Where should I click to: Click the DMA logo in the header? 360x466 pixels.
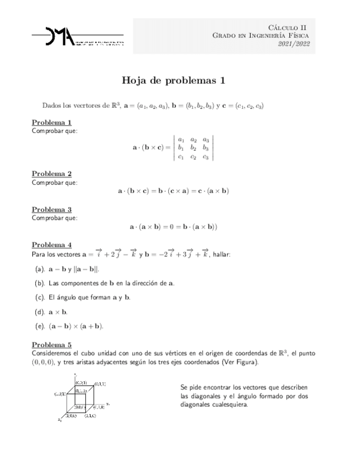(77, 37)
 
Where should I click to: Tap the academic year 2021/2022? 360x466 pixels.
(294, 45)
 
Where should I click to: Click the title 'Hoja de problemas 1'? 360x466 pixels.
(174, 80)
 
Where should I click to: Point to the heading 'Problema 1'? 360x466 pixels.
(52, 122)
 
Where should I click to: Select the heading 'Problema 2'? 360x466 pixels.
(52, 174)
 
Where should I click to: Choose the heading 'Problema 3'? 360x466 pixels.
(52, 209)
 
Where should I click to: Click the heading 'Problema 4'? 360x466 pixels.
(52, 244)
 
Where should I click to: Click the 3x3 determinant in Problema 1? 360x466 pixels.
(193, 148)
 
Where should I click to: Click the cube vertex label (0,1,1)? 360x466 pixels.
(100, 382)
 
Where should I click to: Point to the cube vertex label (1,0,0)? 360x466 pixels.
(72, 416)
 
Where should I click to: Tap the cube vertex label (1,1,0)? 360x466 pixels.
(90, 416)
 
